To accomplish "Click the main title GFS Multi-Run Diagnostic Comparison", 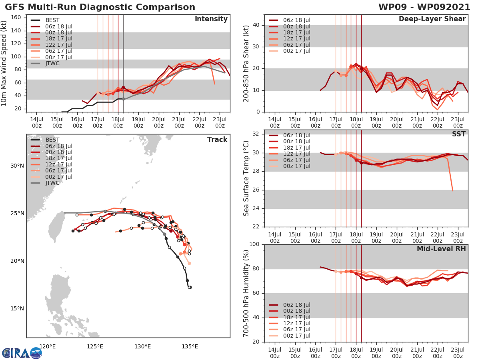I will pyautogui.click(x=100, y=7).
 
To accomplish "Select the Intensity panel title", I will pyautogui.click(x=211, y=19).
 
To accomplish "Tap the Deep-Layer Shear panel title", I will pyautogui.click(x=432, y=19).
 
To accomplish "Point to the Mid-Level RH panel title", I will pyautogui.click(x=441, y=249).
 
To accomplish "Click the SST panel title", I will pyautogui.click(x=459, y=134).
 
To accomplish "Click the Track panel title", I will pyautogui.click(x=217, y=140).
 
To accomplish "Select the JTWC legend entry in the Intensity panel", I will pyautogui.click(x=52, y=63).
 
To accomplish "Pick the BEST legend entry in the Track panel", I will pyautogui.click(x=52, y=140).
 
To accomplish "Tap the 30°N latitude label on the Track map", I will pyautogui.click(x=17, y=166).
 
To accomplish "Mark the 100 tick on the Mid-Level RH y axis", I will pyautogui.click(x=254, y=244).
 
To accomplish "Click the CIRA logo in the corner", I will pyautogui.click(x=22, y=353).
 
